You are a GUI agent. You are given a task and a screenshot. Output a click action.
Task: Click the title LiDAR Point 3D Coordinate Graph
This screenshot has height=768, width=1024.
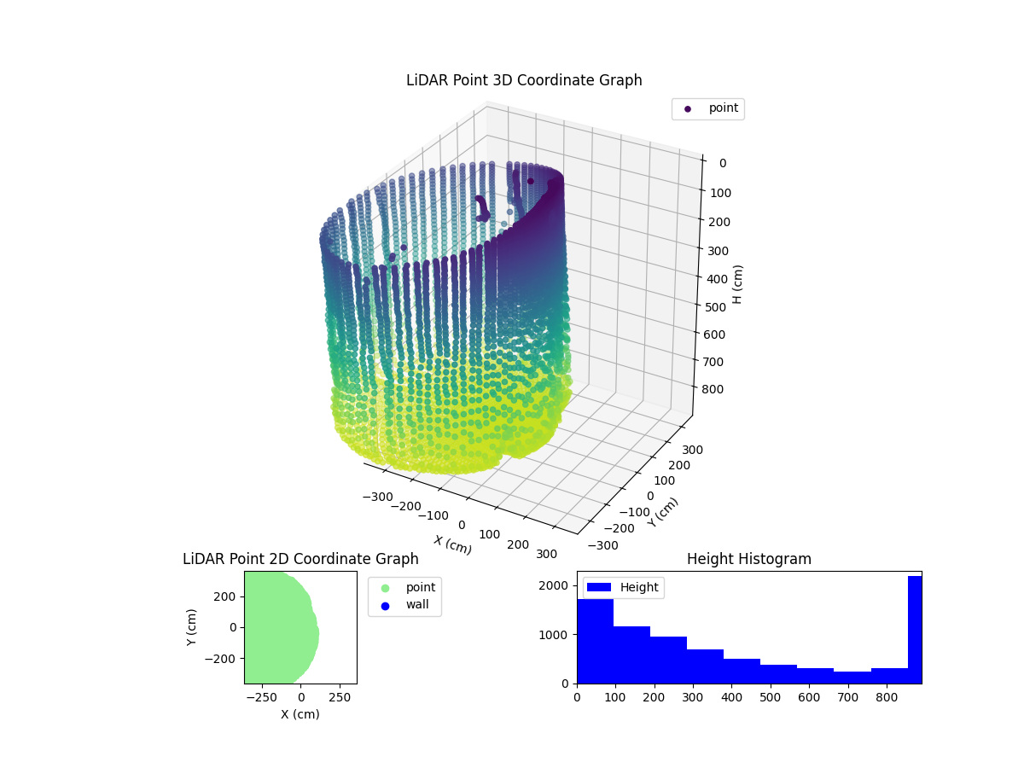[x=524, y=80]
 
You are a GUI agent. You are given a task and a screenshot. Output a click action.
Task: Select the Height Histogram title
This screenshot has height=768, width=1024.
[x=748, y=559]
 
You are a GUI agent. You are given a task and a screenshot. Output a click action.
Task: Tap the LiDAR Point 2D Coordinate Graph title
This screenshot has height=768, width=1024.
[x=300, y=559]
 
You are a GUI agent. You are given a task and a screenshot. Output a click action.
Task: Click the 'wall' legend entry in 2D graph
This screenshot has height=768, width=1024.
[x=417, y=605]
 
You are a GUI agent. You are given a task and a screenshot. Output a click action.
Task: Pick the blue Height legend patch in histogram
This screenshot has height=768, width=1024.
[x=599, y=587]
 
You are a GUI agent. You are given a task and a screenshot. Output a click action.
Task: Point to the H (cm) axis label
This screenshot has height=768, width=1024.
[x=738, y=283]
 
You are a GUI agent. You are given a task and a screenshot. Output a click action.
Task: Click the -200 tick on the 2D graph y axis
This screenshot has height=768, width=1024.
[x=224, y=659]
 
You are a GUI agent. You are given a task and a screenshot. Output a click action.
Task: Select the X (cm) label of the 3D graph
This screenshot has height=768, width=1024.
[x=452, y=544]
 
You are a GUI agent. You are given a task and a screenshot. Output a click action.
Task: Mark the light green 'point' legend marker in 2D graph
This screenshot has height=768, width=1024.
[x=385, y=588]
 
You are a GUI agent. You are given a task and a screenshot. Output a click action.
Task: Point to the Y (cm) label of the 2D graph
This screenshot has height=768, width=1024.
[x=192, y=627]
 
